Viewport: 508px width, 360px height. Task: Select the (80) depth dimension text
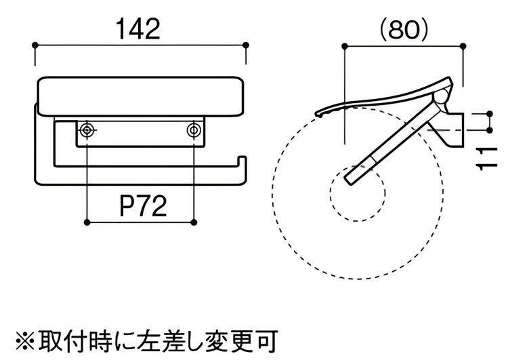tap(404, 28)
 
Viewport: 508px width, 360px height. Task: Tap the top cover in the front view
tap(140, 96)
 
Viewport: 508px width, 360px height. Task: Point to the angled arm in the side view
tap(393, 143)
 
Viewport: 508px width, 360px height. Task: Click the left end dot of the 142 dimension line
tap(35, 46)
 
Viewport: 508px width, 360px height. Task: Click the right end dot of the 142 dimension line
tap(245, 46)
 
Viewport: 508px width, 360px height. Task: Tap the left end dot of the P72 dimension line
tap(86, 222)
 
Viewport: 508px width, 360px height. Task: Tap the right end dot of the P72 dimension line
tap(194, 222)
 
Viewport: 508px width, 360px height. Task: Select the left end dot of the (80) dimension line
tap(345, 46)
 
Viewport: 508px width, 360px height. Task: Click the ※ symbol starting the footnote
tap(23, 339)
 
